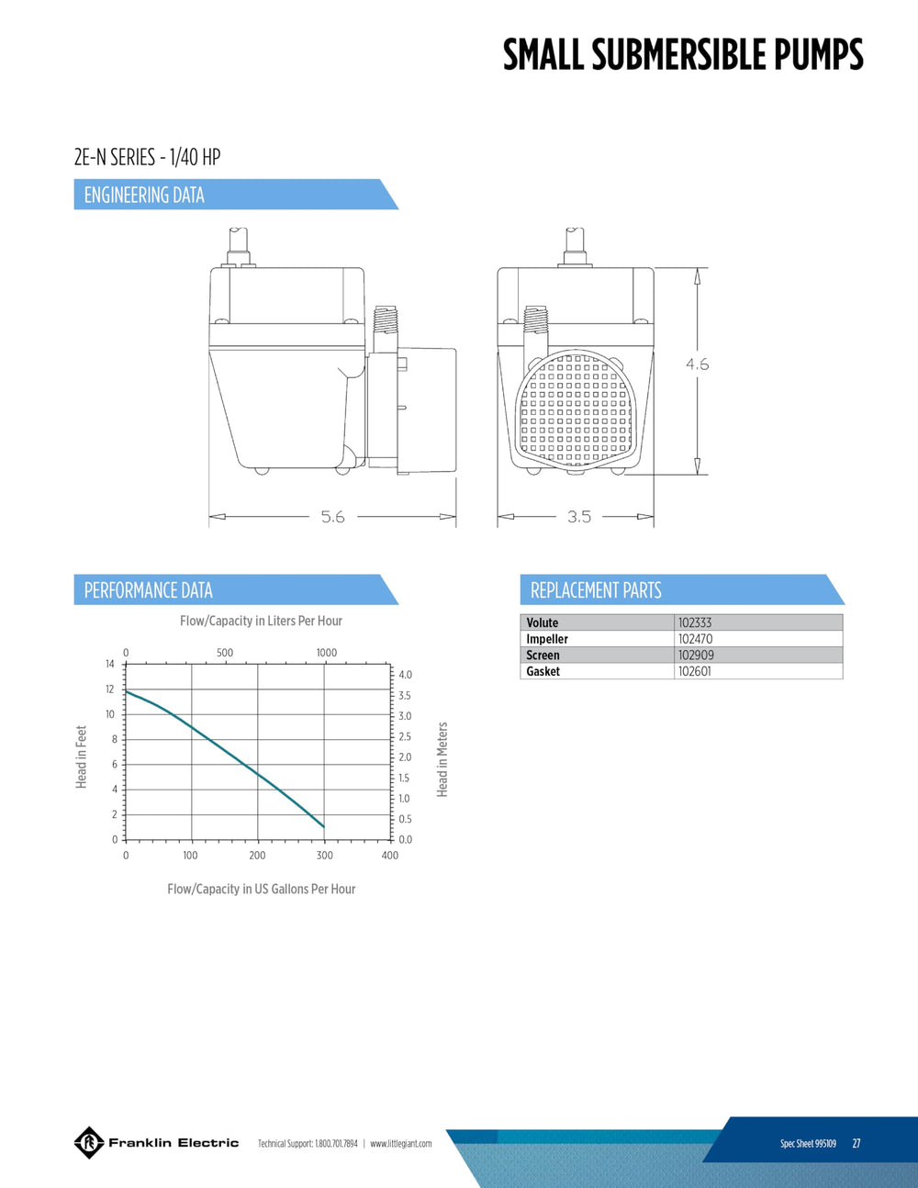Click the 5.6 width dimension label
tap(332, 517)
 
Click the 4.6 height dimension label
tap(698, 364)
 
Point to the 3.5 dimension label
tap(579, 517)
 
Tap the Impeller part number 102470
tap(695, 639)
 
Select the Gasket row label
tap(543, 671)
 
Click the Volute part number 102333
tap(695, 622)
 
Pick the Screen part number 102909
tap(696, 655)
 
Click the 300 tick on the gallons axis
tap(325, 855)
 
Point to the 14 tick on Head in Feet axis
tap(110, 665)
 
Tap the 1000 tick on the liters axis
tap(327, 653)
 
